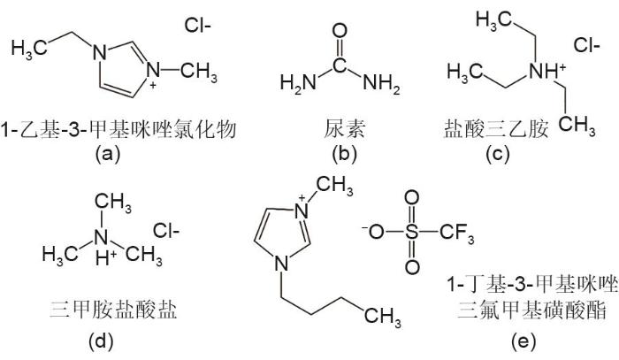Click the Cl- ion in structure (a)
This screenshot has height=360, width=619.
coord(197,26)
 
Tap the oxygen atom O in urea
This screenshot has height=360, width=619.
coord(340,31)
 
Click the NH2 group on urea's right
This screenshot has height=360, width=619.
coord(381,83)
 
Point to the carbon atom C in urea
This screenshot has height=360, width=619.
coord(340,65)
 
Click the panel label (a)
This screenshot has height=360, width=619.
coord(107,153)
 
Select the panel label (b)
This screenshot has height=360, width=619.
coord(344,153)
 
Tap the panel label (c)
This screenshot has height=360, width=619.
coord(497,153)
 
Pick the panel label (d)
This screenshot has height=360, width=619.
coord(101,341)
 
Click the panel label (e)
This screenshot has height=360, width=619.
coord(524,341)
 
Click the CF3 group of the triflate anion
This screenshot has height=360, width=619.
coord(457,233)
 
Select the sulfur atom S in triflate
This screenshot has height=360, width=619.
coord(412,233)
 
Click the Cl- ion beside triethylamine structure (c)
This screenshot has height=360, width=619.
coord(586,45)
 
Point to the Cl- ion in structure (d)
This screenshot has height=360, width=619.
coord(166,231)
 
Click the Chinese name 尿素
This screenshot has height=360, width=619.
coord(344,129)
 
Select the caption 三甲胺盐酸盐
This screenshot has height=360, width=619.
coord(113,310)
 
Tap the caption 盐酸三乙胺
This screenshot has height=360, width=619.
coord(497,129)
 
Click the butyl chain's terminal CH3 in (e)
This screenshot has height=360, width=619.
coord(383,317)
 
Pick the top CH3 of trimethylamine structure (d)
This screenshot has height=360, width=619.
coord(113,202)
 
